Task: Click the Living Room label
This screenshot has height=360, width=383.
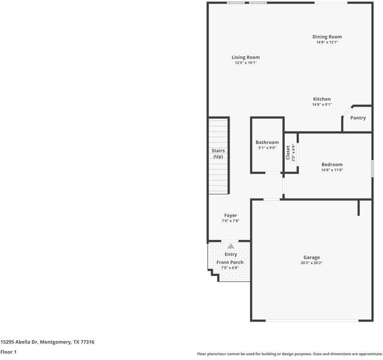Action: (x=246, y=58)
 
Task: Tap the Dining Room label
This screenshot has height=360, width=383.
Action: (x=327, y=37)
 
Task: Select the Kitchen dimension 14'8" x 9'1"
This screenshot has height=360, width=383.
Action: (x=321, y=104)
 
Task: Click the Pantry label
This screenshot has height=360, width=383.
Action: (x=358, y=118)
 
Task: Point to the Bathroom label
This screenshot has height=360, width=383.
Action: (x=267, y=142)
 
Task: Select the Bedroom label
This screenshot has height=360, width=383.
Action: (x=331, y=164)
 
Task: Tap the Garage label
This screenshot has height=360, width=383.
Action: (x=311, y=257)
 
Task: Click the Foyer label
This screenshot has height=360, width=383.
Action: (x=231, y=215)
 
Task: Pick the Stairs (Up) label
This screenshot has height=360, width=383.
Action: (x=218, y=154)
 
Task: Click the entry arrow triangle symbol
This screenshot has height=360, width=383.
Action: (x=231, y=246)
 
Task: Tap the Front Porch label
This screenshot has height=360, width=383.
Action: (x=230, y=262)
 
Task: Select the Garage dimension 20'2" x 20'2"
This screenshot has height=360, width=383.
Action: (x=311, y=263)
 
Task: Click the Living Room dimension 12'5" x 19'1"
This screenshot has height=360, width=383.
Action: (x=246, y=63)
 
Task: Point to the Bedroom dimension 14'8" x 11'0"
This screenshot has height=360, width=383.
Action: (x=331, y=170)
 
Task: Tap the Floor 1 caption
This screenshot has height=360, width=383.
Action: (x=8, y=352)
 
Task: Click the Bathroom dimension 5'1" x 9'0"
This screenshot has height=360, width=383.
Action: (x=267, y=148)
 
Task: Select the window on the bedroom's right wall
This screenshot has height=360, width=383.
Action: (x=372, y=167)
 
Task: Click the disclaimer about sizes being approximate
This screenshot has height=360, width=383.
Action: (x=289, y=354)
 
